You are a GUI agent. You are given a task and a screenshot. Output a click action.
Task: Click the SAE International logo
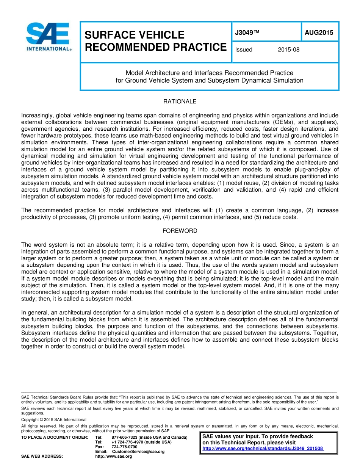pos(48,37)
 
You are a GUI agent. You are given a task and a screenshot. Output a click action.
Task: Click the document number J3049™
pos(247,33)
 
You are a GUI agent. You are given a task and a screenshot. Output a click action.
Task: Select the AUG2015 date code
pos(319,33)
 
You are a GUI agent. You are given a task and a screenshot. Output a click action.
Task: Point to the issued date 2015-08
pos(288,50)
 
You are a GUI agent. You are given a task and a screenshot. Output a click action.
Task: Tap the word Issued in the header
pos(244,50)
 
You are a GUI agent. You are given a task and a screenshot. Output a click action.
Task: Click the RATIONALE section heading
pos(180,102)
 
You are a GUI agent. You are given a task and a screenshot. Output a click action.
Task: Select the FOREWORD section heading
pos(180,231)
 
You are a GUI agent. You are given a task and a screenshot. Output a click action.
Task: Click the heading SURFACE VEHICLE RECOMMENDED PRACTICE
pos(155,41)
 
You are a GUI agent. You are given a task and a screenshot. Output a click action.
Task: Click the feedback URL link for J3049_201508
pos(263,449)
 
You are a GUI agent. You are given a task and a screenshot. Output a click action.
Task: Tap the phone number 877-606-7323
pos(125,438)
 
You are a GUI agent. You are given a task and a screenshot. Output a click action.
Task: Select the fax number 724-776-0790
pos(124,447)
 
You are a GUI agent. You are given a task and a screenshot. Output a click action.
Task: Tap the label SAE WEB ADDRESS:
pos(42,457)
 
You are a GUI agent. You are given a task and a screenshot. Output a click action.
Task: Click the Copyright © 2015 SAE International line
pos(54,420)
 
